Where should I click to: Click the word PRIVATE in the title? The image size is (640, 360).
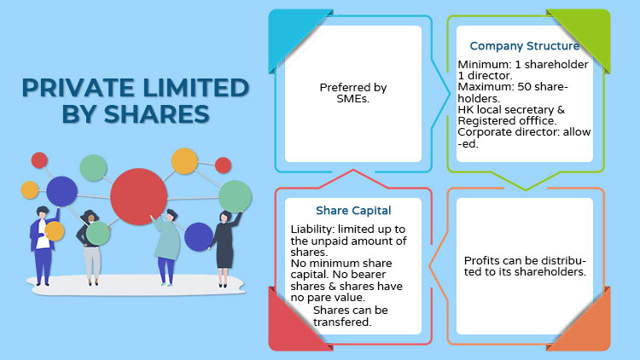click(78, 88)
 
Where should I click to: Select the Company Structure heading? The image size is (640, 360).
click(525, 46)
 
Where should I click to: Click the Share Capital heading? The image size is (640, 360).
click(353, 211)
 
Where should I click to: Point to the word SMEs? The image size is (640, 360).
click(353, 99)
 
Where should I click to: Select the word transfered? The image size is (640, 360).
click(342, 322)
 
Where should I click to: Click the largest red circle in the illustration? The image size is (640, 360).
click(139, 197)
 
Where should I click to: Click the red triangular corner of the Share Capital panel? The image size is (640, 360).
click(293, 325)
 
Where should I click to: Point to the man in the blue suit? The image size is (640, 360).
click(44, 246)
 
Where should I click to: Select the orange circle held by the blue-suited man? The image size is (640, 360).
click(55, 231)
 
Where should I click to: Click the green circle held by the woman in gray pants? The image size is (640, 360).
click(98, 233)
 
